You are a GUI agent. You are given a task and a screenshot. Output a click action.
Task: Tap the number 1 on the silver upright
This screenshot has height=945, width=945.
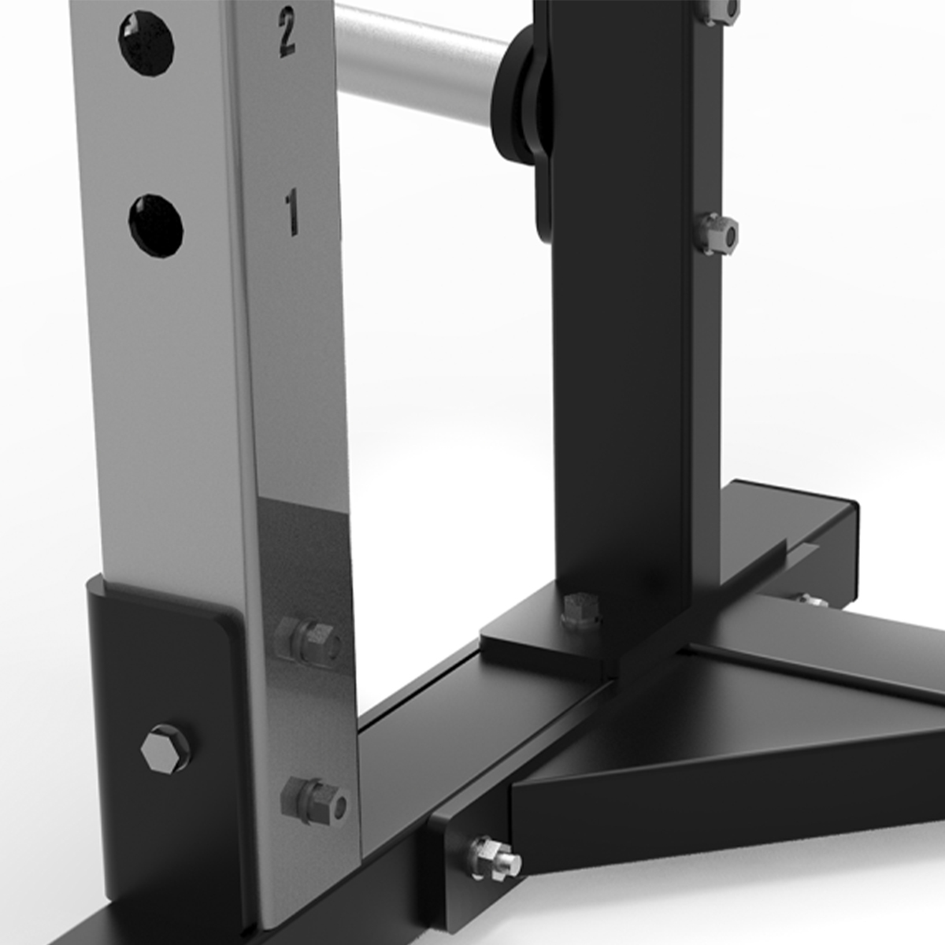pos(292,213)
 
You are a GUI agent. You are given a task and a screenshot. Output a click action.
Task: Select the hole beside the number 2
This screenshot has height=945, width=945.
pos(146,43)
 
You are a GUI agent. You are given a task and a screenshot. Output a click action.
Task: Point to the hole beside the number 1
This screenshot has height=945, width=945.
pos(157,226)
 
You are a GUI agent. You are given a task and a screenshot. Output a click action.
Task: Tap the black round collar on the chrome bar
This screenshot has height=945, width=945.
pos(520,98)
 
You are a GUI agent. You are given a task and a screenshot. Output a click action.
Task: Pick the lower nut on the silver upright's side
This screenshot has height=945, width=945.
pos(314,801)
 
